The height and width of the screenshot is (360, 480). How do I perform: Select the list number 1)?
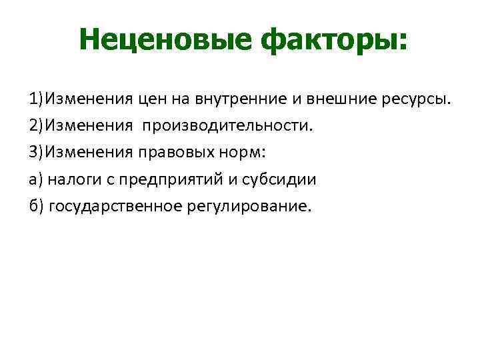(36, 99)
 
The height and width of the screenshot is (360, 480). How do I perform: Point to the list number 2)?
(36, 125)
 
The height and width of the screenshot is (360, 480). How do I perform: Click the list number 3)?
(36, 152)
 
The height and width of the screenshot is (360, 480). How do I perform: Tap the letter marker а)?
(36, 179)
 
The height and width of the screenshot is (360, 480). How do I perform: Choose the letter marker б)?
(36, 205)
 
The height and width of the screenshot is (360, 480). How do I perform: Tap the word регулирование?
(246, 206)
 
